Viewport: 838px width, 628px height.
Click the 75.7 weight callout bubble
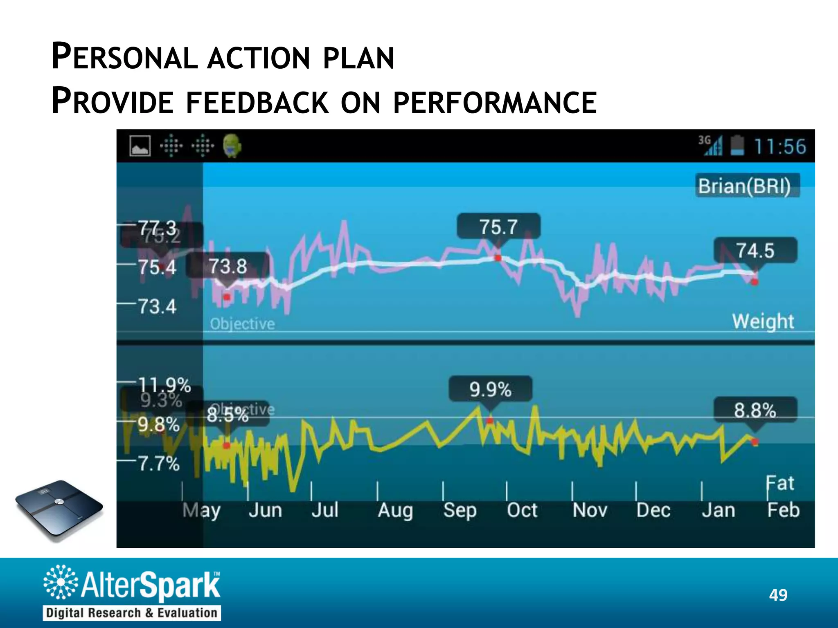tap(498, 226)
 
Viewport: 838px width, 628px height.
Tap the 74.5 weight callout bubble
tap(755, 250)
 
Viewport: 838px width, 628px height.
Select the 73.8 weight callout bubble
tap(228, 266)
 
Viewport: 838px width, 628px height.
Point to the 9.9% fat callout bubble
tap(490, 389)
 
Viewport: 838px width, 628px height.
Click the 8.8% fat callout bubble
tap(755, 410)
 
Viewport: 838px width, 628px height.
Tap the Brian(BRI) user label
tap(747, 186)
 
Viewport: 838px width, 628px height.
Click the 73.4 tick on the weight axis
tap(157, 306)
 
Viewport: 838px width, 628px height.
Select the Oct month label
tap(522, 510)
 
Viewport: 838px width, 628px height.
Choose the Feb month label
tap(783, 510)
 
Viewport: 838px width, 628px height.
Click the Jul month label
tap(325, 510)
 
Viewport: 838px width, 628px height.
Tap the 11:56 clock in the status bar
tap(779, 146)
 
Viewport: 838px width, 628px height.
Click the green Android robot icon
tap(232, 146)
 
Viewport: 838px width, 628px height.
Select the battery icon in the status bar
tap(737, 146)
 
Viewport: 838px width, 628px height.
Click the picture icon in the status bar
tap(140, 146)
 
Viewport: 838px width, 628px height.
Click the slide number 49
tap(778, 595)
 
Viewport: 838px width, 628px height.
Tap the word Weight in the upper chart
tap(763, 321)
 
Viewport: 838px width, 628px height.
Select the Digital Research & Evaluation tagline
tap(132, 613)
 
